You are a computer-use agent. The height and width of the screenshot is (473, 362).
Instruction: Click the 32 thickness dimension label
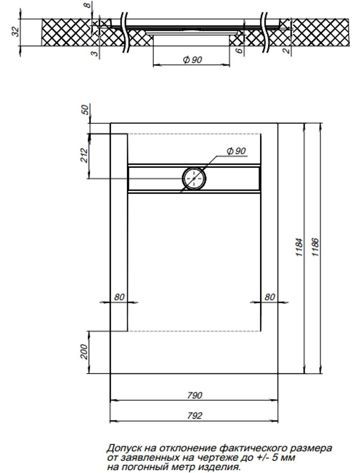click(x=16, y=32)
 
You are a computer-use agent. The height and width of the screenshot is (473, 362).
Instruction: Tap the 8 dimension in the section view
click(x=88, y=5)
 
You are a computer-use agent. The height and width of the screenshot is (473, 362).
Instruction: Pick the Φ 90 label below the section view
click(x=193, y=60)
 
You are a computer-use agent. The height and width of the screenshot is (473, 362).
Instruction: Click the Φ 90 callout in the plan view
click(x=236, y=151)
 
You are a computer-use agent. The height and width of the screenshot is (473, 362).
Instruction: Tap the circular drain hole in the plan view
click(x=194, y=178)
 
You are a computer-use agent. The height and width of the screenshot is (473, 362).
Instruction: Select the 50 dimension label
click(x=85, y=110)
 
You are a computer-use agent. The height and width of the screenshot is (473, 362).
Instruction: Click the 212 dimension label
click(x=84, y=155)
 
